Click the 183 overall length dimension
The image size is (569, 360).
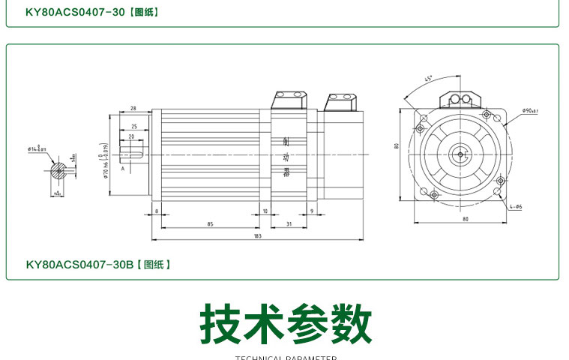coord(257,237)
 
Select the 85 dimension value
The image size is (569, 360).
coord(211,223)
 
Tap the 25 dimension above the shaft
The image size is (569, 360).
coord(133,126)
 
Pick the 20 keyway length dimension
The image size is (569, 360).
coord(131,136)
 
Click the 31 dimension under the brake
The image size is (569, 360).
coord(289,223)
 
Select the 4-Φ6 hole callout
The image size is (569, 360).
coord(516,206)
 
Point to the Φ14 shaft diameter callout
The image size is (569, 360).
coord(37,150)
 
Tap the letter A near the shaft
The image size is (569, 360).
coord(121,170)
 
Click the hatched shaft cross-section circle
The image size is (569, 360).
coord(58,171)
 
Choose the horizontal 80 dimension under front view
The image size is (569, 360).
coord(465,219)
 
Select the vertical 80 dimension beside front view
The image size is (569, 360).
coord(397,145)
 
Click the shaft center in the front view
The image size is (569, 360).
coord(460,154)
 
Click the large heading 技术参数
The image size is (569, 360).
coord(286,323)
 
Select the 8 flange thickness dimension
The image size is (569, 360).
coord(157,211)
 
